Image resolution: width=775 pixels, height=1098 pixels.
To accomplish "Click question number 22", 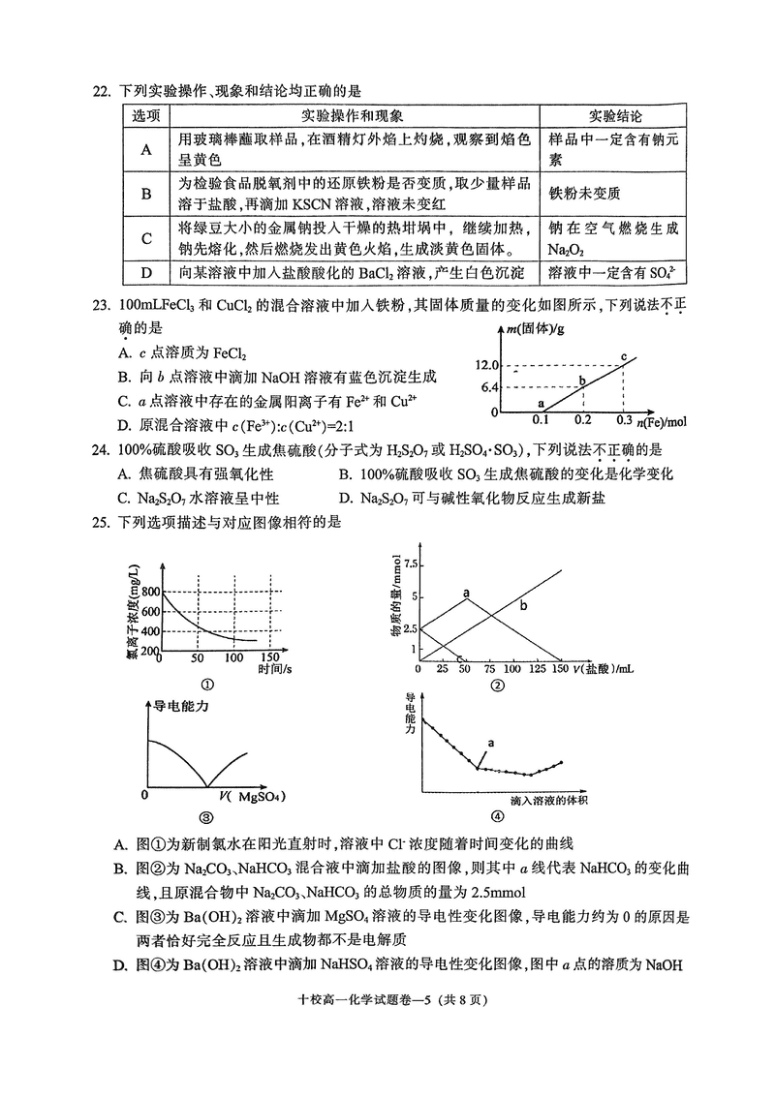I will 100,92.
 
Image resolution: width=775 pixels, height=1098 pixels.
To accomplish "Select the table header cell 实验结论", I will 615,114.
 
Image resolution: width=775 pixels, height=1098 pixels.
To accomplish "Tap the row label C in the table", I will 147,238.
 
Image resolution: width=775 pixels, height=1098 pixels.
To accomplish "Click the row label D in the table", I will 147,272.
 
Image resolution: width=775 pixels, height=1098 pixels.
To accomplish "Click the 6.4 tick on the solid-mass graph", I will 487,387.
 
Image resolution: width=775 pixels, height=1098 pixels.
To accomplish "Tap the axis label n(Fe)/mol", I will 661,421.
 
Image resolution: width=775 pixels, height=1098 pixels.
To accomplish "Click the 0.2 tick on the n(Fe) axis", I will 582,421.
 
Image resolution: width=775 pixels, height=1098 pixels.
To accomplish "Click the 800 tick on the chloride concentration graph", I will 148,592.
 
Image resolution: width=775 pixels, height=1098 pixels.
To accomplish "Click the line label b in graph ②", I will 523,606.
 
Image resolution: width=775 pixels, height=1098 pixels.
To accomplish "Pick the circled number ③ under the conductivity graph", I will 204,816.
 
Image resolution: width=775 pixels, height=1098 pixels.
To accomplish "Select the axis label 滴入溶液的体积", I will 548,800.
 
